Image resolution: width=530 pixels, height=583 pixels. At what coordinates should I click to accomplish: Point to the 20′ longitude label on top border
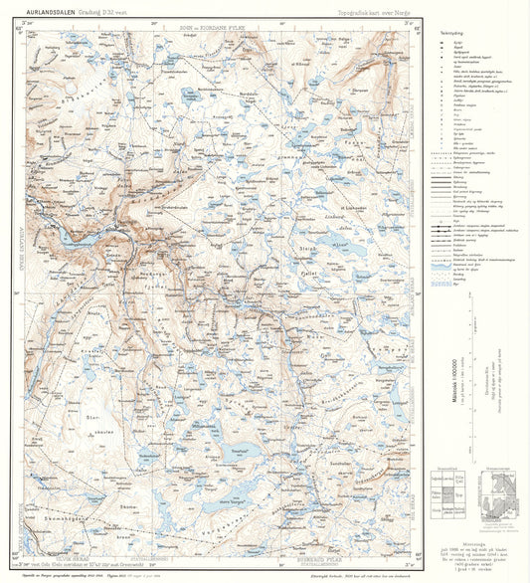[151, 22]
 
